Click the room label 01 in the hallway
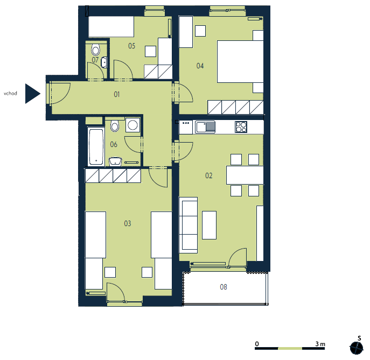click(x=117, y=95)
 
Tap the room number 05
click(x=131, y=46)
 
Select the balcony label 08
click(x=224, y=287)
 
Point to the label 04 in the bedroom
click(x=200, y=66)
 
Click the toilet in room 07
click(x=95, y=50)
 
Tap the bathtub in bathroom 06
click(x=96, y=146)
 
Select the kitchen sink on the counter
click(x=205, y=127)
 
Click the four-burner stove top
click(x=241, y=127)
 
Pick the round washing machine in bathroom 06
click(x=133, y=125)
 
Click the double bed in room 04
click(x=240, y=61)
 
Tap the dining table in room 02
click(x=245, y=175)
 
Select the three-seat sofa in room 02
click(x=189, y=225)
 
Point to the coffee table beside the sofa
click(x=209, y=225)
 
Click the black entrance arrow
click(x=32, y=94)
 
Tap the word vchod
click(x=10, y=93)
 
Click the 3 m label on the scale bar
click(x=320, y=344)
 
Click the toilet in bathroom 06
click(x=115, y=126)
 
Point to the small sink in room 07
click(x=104, y=62)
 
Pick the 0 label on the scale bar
click(x=257, y=344)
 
